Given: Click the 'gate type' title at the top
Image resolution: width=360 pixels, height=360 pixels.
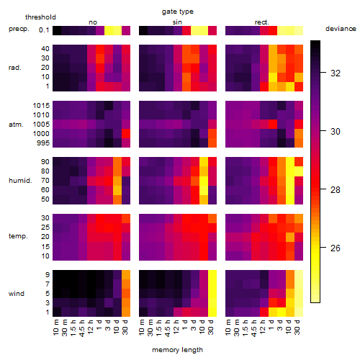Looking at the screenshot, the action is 178,12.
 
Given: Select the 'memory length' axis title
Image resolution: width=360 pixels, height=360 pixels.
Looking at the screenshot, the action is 177,350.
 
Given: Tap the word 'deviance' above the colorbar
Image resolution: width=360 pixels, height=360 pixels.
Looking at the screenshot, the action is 341,29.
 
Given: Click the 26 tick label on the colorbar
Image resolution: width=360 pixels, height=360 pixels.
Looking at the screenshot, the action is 336,248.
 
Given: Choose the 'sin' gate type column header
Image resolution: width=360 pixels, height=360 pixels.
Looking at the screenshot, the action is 177,22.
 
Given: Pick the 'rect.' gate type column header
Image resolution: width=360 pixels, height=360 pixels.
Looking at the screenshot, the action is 262,22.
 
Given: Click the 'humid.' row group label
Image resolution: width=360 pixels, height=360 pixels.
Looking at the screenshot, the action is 20,181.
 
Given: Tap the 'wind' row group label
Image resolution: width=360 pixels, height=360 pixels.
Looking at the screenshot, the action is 17,294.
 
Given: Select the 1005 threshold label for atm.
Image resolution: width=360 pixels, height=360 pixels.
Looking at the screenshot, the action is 41,125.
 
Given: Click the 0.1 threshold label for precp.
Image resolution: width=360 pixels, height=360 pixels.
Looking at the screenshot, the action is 44,30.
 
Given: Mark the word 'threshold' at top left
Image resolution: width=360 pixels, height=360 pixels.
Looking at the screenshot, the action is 40,17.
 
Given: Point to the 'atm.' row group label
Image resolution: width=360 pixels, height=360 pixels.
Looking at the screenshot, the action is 16,125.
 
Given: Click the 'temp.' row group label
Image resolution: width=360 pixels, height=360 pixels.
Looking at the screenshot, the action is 18,236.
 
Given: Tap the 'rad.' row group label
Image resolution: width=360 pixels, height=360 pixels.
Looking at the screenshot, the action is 15,68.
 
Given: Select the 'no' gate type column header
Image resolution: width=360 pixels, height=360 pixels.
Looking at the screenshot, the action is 93,22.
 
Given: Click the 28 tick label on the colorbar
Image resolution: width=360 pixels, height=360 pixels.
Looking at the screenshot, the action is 336,190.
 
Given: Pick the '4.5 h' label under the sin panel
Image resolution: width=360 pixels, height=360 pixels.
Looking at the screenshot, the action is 168,328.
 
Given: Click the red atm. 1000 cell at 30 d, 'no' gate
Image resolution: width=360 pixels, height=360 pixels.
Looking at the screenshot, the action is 126,133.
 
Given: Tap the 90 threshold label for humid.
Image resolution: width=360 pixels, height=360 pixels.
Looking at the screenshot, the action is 45,162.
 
